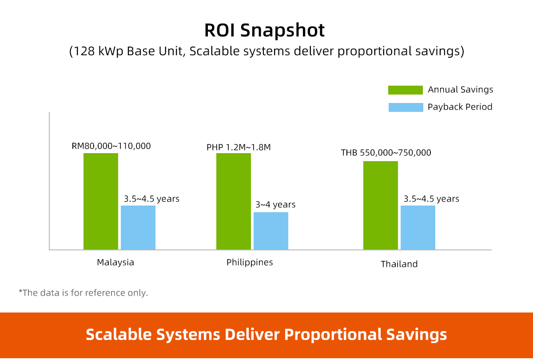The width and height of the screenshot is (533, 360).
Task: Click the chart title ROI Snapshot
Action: (x=264, y=30)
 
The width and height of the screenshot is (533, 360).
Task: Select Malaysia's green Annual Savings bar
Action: (x=101, y=201)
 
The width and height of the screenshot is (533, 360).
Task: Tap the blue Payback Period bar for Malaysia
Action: (x=138, y=227)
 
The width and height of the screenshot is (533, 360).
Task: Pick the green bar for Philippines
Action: (x=234, y=201)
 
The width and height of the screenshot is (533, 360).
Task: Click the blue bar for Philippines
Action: (x=271, y=231)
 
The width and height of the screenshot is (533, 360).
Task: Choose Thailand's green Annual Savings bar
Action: (x=381, y=205)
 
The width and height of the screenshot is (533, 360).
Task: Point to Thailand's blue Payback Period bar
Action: (x=418, y=227)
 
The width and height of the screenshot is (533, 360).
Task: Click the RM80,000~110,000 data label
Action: (x=111, y=146)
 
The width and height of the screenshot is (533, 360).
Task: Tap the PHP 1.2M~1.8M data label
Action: (x=239, y=147)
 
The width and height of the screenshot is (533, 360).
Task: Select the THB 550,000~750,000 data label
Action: (x=386, y=153)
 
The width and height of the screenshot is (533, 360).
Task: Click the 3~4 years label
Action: (x=275, y=205)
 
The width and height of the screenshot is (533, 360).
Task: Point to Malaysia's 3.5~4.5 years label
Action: (x=151, y=198)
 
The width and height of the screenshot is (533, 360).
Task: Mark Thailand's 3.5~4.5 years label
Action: (x=431, y=198)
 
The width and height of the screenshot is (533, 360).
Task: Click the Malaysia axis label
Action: (x=115, y=262)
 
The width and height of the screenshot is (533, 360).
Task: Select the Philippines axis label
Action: (x=250, y=262)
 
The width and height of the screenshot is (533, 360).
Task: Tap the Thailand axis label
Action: (x=399, y=264)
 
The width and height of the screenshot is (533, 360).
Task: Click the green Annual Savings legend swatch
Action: (x=406, y=90)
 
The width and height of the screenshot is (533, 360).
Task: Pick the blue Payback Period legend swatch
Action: (x=406, y=107)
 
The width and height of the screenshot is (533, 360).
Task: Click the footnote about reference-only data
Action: (x=83, y=293)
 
